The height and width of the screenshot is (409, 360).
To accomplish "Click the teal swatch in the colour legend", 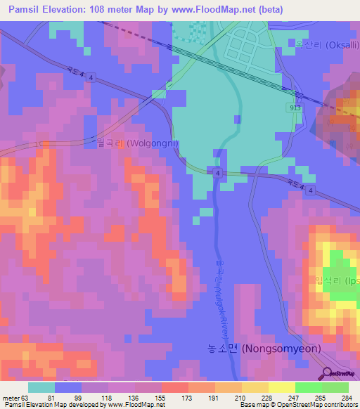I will click(41, 387).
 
